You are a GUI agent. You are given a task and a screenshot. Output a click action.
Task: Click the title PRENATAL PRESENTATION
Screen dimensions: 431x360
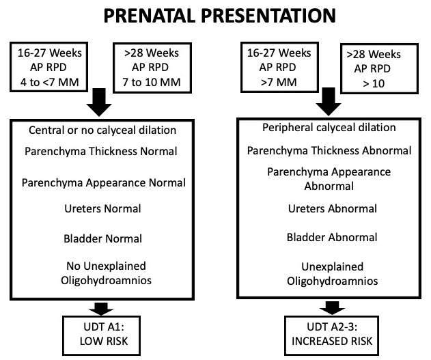point(220,16)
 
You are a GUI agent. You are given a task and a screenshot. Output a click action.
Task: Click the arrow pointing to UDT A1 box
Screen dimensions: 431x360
point(101,308)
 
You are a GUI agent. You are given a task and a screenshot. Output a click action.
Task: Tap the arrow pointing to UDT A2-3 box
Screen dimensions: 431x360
point(332,308)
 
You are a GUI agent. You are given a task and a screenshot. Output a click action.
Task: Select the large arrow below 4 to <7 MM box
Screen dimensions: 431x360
point(99,102)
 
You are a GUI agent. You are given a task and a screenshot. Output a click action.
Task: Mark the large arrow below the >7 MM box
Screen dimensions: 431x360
point(329,102)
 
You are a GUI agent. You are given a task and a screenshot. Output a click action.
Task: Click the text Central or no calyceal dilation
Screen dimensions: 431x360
point(102,130)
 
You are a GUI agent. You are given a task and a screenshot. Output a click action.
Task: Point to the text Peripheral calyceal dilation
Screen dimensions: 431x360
point(329,127)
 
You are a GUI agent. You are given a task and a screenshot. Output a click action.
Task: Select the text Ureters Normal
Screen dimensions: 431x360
point(102,208)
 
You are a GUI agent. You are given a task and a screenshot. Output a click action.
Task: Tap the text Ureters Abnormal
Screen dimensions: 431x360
point(333,208)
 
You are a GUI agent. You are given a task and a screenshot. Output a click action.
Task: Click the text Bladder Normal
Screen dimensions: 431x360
point(103,238)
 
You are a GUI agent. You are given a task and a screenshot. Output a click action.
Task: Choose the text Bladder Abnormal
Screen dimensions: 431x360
point(332,237)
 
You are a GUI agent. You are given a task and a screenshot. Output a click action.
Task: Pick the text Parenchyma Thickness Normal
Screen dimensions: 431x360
point(101,152)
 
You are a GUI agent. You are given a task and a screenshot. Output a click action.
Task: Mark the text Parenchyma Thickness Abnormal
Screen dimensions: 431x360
point(329,150)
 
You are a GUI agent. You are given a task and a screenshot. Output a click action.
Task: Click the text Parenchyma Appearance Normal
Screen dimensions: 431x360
point(104,183)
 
